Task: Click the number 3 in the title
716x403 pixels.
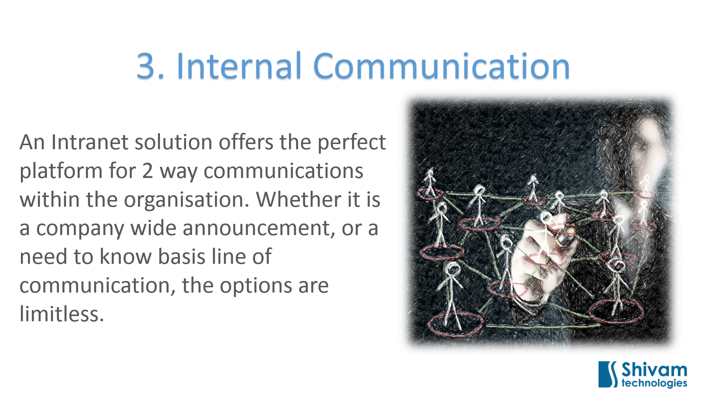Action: point(146,66)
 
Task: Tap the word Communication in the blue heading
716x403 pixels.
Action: point(442,66)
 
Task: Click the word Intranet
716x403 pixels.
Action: point(90,142)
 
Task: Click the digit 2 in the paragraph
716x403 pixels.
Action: point(148,171)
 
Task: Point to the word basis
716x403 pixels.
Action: point(182,257)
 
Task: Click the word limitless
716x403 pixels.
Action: point(62,314)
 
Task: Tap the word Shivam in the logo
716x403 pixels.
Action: point(654,370)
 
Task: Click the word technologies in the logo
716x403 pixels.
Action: point(654,383)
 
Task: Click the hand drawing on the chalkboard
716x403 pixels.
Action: point(537,254)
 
